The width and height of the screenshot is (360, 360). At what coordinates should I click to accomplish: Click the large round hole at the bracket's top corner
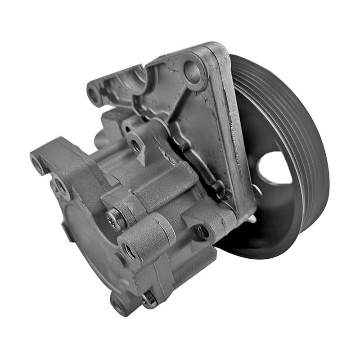pos(193,72)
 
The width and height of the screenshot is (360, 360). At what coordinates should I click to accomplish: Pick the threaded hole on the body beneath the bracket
pos(203,231)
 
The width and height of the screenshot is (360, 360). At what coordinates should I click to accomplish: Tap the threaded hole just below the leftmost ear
pos(59,185)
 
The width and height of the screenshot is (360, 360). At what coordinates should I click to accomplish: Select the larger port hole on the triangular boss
pos(135,145)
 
